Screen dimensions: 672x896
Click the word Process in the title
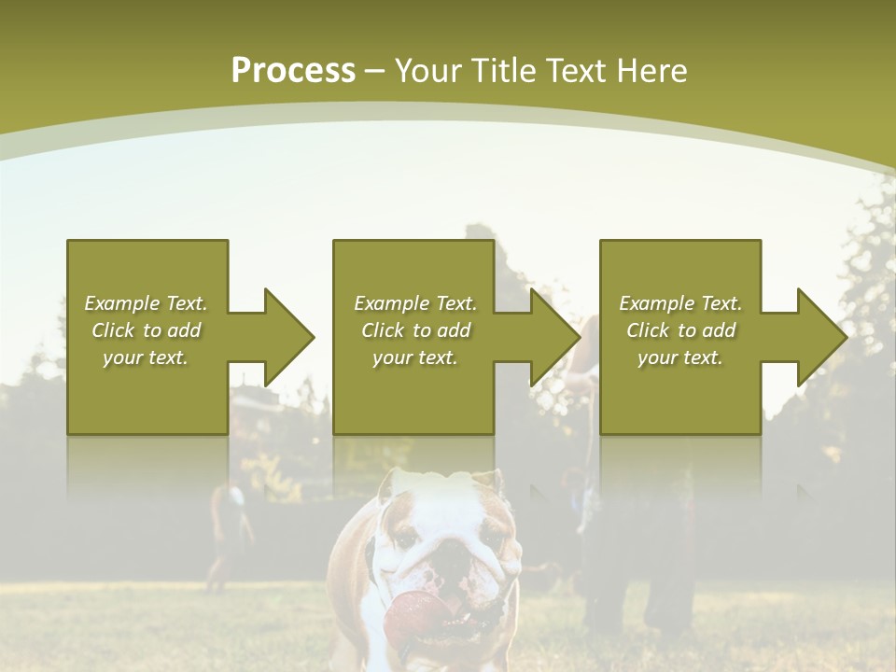pyautogui.click(x=293, y=71)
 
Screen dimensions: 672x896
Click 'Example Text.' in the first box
pyautogui.click(x=146, y=303)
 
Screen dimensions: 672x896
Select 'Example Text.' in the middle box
pyautogui.click(x=414, y=303)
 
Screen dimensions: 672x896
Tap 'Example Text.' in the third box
pyautogui.click(x=680, y=303)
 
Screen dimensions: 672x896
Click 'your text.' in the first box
pyautogui.click(x=146, y=357)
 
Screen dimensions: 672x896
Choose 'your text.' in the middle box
pyautogui.click(x=414, y=357)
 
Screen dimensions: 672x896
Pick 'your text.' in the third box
pyautogui.click(x=680, y=357)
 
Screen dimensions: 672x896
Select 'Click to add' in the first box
pyautogui.click(x=146, y=330)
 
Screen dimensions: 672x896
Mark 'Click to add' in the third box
pyautogui.click(x=680, y=330)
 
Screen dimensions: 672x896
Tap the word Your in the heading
pyautogui.click(x=428, y=71)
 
